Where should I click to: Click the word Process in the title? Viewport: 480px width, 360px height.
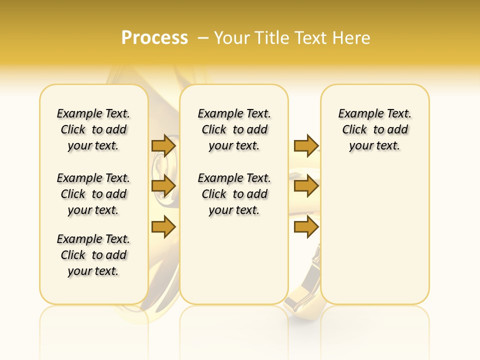[154, 37]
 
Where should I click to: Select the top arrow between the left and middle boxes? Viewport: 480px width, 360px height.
[163, 145]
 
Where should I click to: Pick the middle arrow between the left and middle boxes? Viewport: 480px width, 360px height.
[163, 186]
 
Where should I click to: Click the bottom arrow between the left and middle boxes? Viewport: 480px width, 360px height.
[163, 227]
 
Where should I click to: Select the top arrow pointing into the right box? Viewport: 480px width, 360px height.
[306, 145]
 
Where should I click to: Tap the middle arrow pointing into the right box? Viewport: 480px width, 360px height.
[306, 186]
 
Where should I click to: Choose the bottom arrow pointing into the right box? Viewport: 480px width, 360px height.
[306, 227]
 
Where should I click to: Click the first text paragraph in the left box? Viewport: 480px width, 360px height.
[93, 129]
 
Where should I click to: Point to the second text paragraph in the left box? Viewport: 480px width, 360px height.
[93, 194]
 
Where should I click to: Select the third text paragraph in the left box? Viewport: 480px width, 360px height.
[93, 255]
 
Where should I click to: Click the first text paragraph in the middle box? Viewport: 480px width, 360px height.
[234, 129]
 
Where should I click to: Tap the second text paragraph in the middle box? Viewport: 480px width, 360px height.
[234, 194]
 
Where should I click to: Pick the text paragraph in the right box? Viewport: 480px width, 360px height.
[374, 129]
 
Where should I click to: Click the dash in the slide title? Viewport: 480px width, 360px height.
[203, 38]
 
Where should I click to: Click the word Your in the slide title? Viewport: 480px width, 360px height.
[233, 37]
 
